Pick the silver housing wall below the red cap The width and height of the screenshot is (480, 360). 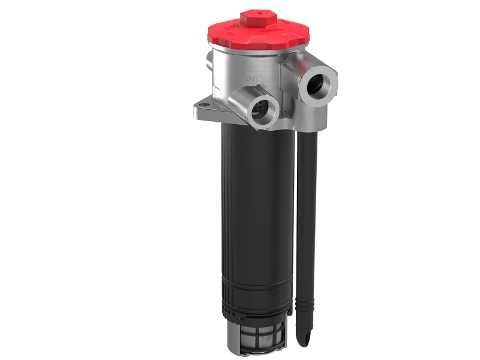[x=240, y=66]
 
